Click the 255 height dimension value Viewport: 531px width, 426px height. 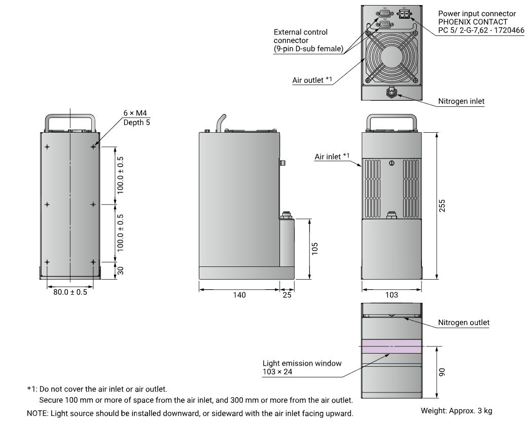(442, 206)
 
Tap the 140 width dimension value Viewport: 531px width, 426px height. (239, 295)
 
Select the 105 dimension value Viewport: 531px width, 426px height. (315, 248)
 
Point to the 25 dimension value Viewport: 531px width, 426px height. (287, 295)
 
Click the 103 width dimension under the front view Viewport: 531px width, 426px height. (392, 295)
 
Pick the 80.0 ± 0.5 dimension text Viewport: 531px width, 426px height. (70, 292)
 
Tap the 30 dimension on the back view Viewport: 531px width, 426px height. (121, 270)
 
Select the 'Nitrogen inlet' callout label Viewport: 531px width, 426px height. (461, 101)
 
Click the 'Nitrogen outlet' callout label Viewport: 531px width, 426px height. (464, 323)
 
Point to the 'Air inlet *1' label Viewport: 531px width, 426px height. (332, 157)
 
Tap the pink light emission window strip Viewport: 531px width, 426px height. (391, 346)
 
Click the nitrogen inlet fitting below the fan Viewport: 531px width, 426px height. (391, 93)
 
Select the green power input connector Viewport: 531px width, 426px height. (404, 14)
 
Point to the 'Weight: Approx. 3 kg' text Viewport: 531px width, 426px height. (456, 411)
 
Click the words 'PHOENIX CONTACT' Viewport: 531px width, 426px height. (472, 22)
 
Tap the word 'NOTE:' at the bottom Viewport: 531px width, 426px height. (38, 414)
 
